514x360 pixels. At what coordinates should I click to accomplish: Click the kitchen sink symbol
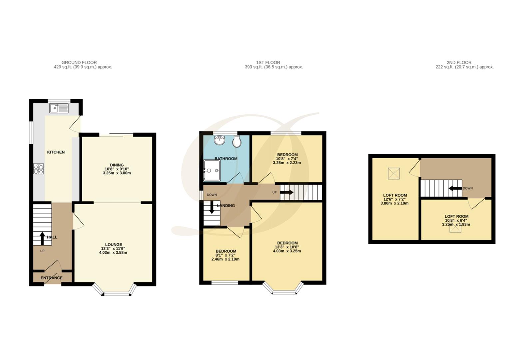59,108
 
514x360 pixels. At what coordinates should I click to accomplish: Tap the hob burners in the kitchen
39,169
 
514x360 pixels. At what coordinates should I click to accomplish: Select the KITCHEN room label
56,152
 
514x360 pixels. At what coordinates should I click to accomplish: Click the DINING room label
117,165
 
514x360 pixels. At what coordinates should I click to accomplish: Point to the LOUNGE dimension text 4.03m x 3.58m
113,253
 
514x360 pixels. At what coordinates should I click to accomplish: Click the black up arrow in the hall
42,238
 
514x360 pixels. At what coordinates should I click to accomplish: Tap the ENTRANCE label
52,278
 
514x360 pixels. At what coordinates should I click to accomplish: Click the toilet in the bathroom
237,141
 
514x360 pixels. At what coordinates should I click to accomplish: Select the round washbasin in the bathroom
220,140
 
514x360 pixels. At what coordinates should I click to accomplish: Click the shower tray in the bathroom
212,171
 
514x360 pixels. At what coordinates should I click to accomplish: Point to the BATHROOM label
226,159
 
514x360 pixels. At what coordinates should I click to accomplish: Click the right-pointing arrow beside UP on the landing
287,192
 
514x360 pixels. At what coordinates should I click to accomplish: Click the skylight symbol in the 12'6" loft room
394,173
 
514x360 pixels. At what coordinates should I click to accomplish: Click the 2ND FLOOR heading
459,62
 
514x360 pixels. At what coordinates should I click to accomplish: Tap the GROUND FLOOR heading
79,62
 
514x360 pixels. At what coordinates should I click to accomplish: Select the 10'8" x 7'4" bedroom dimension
287,159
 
